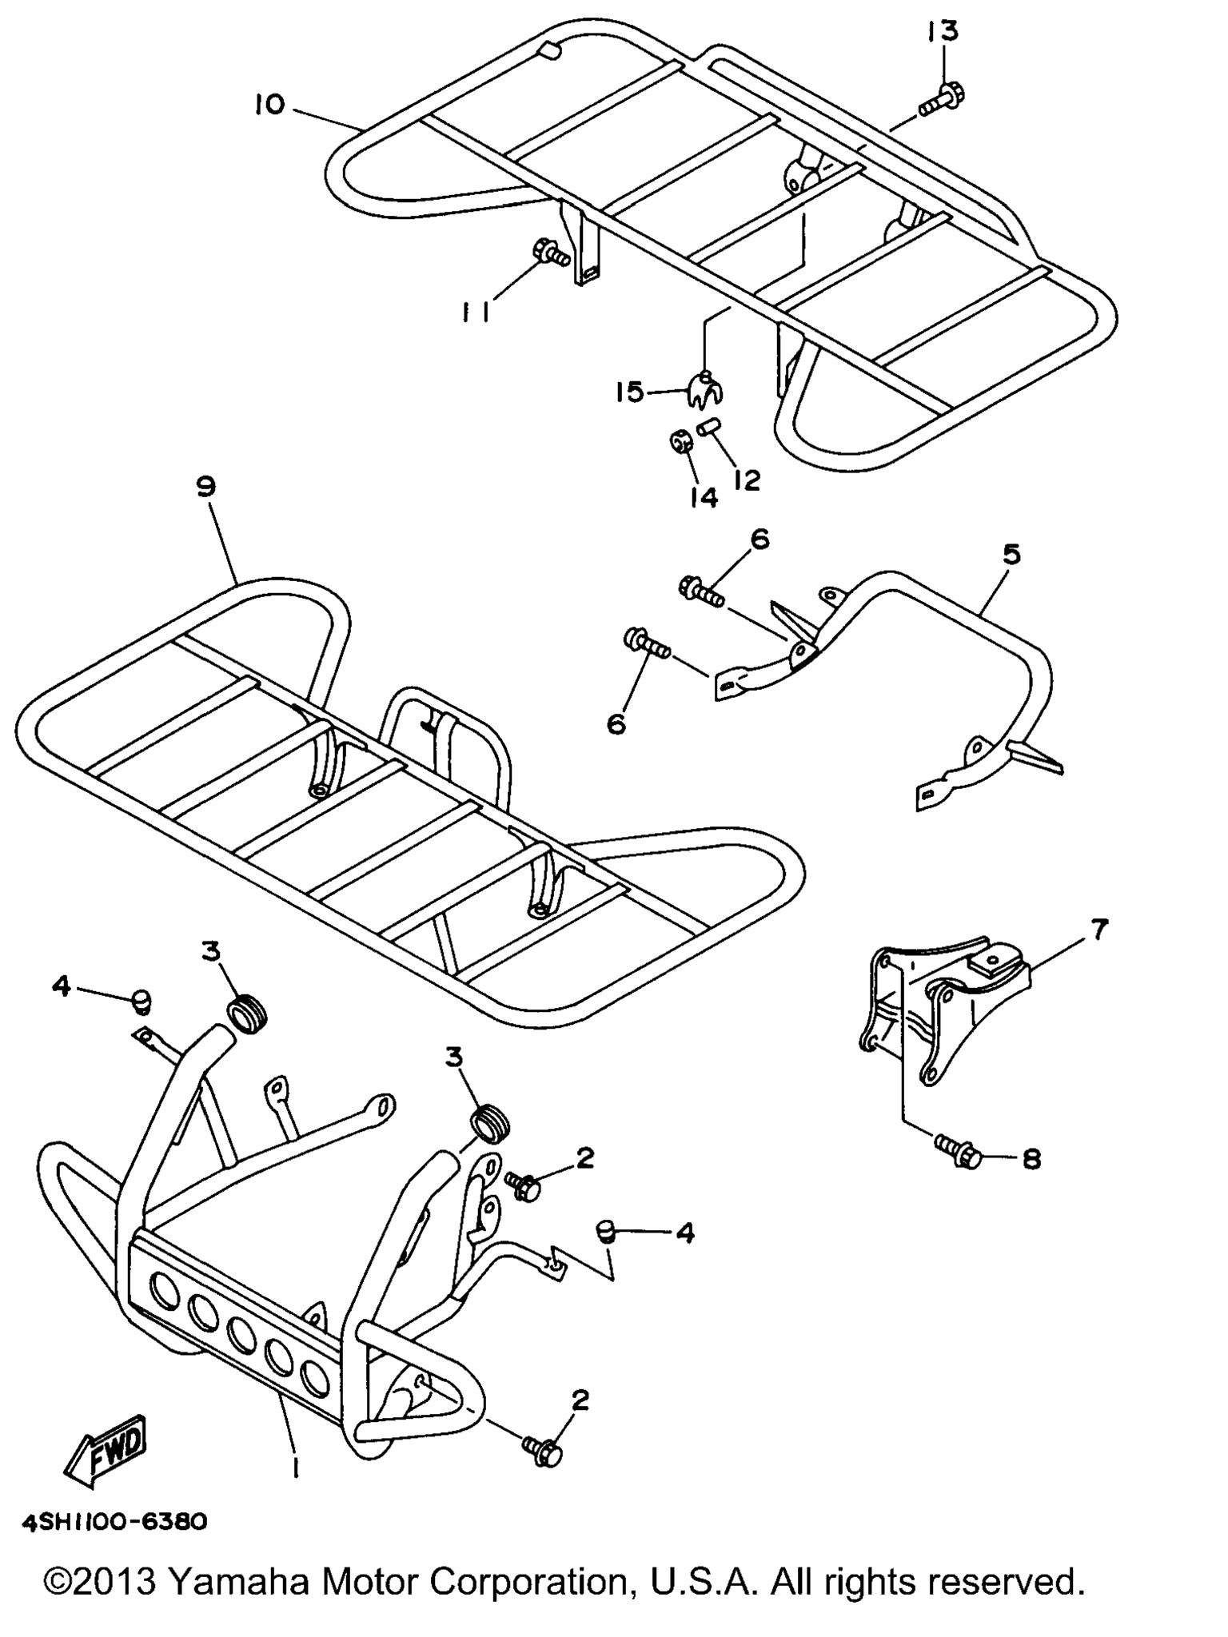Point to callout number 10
point(269,104)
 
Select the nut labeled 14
point(681,442)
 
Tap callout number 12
point(747,480)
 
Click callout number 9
point(206,487)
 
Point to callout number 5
point(1011,554)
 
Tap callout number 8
point(1032,1159)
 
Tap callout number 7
point(1098,930)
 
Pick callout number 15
point(629,392)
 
